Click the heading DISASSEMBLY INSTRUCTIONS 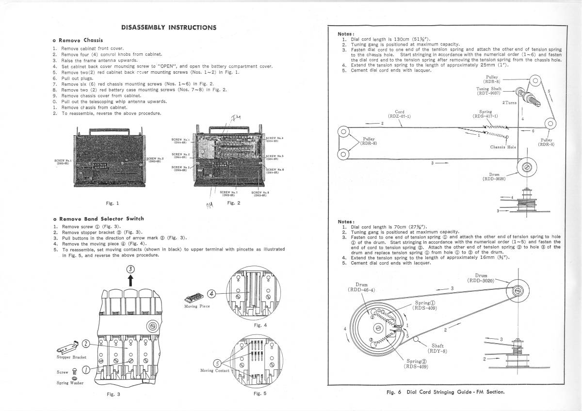click(169, 27)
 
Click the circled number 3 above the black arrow click(130, 270)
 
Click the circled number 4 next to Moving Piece click(211, 293)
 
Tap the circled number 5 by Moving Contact click(218, 364)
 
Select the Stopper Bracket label click(71, 357)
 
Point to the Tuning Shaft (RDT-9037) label click(490, 91)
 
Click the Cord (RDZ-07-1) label click(400, 114)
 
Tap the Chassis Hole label click(503, 147)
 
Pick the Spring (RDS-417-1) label click(485, 114)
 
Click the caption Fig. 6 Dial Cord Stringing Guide click(446, 392)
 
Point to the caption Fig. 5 click(260, 394)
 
